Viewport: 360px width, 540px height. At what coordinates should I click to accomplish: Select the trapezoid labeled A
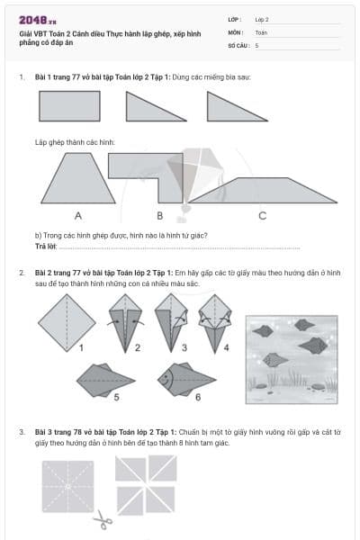tap(78, 178)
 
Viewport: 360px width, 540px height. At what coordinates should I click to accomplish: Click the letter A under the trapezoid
tap(78, 216)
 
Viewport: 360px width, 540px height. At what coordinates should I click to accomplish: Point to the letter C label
tap(262, 216)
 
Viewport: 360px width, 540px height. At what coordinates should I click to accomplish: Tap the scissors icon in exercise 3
tap(103, 519)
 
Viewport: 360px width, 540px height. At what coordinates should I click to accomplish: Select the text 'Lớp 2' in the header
tap(262, 18)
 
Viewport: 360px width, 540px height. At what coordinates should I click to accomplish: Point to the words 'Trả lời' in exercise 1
tap(46, 246)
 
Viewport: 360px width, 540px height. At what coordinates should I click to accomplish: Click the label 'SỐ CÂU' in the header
tap(238, 44)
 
